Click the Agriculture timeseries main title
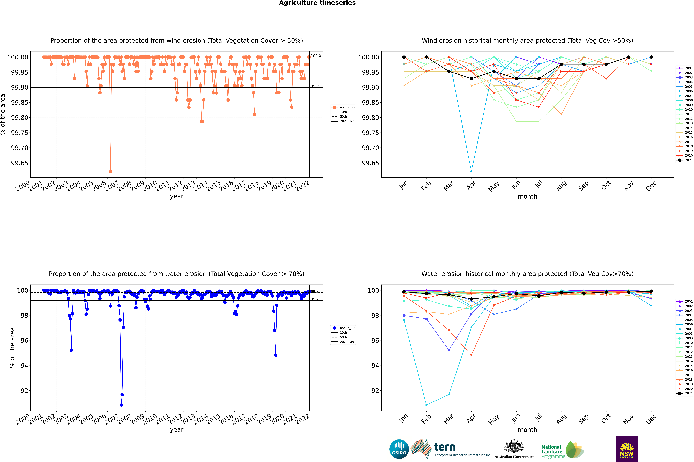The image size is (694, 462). pos(317,3)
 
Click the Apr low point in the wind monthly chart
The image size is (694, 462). pos(471,171)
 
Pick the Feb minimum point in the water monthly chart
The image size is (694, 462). pos(426,405)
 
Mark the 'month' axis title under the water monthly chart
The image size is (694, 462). pos(527,430)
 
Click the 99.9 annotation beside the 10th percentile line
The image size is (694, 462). pos(315,86)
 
